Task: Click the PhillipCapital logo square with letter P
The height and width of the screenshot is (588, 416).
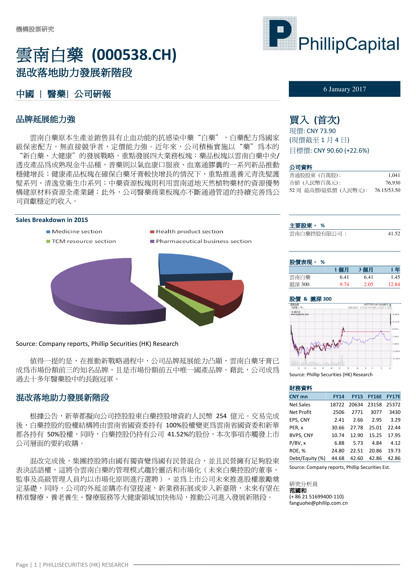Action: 279,33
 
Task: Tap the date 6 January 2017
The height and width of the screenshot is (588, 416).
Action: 345,89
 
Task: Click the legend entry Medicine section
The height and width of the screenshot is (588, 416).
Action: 77,232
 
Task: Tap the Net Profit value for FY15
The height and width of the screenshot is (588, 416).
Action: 357,412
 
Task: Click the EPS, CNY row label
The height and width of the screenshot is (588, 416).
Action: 299,420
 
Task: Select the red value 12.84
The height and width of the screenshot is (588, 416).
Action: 394,284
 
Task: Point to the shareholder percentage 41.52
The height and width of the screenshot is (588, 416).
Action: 394,234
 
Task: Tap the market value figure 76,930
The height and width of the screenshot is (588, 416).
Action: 393,183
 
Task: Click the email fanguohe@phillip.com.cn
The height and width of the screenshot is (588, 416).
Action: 318,503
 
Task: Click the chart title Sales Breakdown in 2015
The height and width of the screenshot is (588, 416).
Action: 52,220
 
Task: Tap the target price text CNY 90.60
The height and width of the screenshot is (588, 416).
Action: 328,151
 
